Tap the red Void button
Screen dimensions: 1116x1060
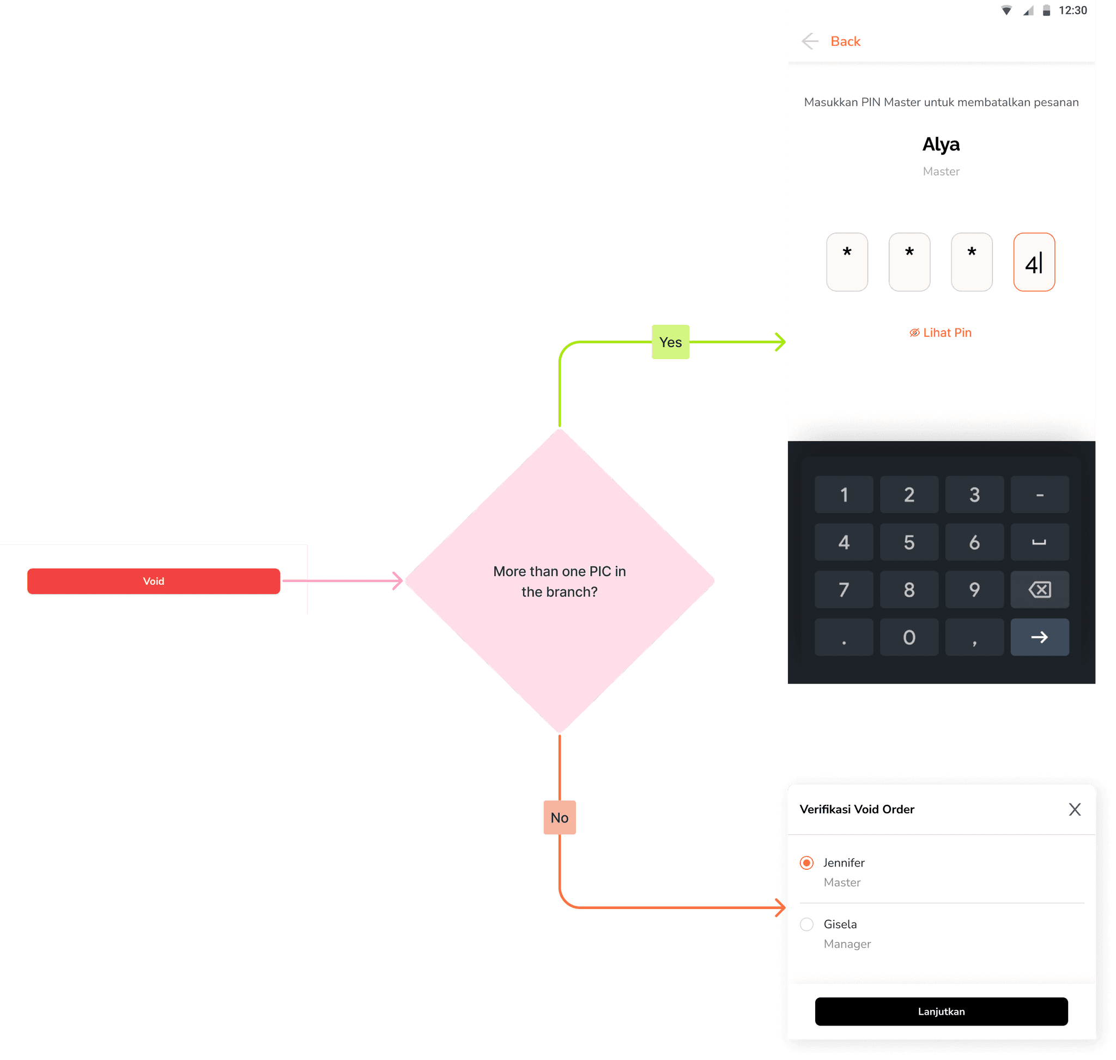tap(153, 581)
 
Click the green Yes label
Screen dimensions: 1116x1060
tap(670, 342)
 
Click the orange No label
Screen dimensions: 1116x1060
tap(559, 817)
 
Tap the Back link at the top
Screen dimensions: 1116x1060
tap(845, 41)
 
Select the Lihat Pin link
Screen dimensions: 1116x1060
tap(941, 333)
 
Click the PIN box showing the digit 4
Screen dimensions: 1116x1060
tap(1034, 262)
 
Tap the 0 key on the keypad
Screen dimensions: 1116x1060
tap(908, 637)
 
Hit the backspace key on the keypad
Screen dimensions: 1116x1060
tap(1039, 590)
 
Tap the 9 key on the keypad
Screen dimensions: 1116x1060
tap(974, 590)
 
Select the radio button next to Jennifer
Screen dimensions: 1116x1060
tap(806, 863)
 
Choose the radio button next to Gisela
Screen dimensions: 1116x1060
tap(806, 924)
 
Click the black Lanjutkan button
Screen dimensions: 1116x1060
tap(941, 1011)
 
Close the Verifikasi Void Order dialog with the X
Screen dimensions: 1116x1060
tap(1074, 810)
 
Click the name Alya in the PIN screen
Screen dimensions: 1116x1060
tap(941, 144)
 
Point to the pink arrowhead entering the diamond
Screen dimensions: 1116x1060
tap(398, 581)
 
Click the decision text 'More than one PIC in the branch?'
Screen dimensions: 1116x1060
tap(560, 582)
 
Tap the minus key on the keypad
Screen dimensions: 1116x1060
tap(1039, 495)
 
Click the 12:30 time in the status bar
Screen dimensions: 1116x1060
tap(1072, 10)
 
